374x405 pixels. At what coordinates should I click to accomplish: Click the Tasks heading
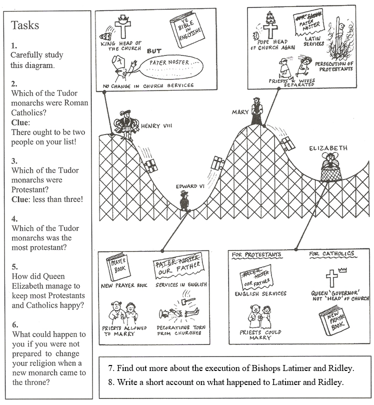[x=25, y=25]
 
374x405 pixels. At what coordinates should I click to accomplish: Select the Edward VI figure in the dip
[x=183, y=199]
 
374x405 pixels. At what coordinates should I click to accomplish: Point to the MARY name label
[x=240, y=112]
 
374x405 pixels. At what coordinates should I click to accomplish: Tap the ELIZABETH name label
[x=328, y=148]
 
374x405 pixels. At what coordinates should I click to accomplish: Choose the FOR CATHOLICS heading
[x=331, y=254]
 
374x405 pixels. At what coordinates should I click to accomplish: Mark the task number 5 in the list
[x=14, y=266]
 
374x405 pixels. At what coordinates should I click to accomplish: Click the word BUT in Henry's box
[x=154, y=50]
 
